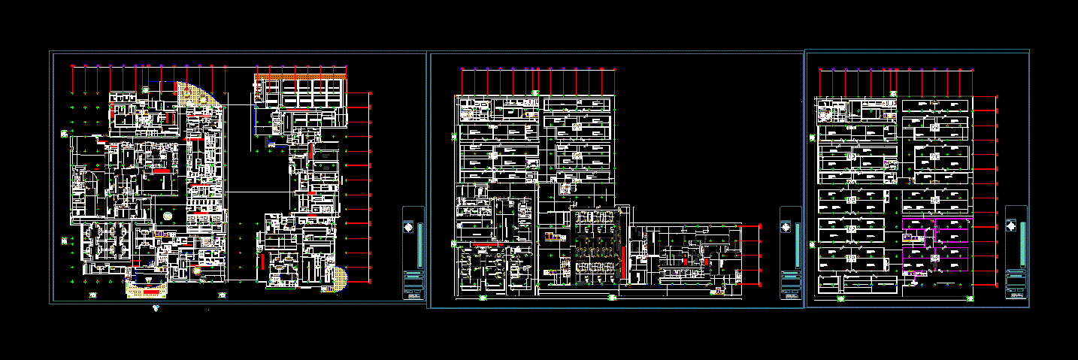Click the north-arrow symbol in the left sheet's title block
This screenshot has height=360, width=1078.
pos(408,228)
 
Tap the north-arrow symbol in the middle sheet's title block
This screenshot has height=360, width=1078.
pos(786,228)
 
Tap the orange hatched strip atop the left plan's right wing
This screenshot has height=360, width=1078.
pos(301,76)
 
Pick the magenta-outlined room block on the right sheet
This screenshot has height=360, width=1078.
pos(937,244)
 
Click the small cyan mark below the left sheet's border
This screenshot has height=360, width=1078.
pos(156,307)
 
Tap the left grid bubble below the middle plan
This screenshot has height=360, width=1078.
pos(483,298)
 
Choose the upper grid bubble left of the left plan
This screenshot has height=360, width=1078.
pos(65,134)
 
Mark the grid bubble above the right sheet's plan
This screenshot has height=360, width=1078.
pos(894,92)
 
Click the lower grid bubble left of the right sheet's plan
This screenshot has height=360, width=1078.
pos(811,243)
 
